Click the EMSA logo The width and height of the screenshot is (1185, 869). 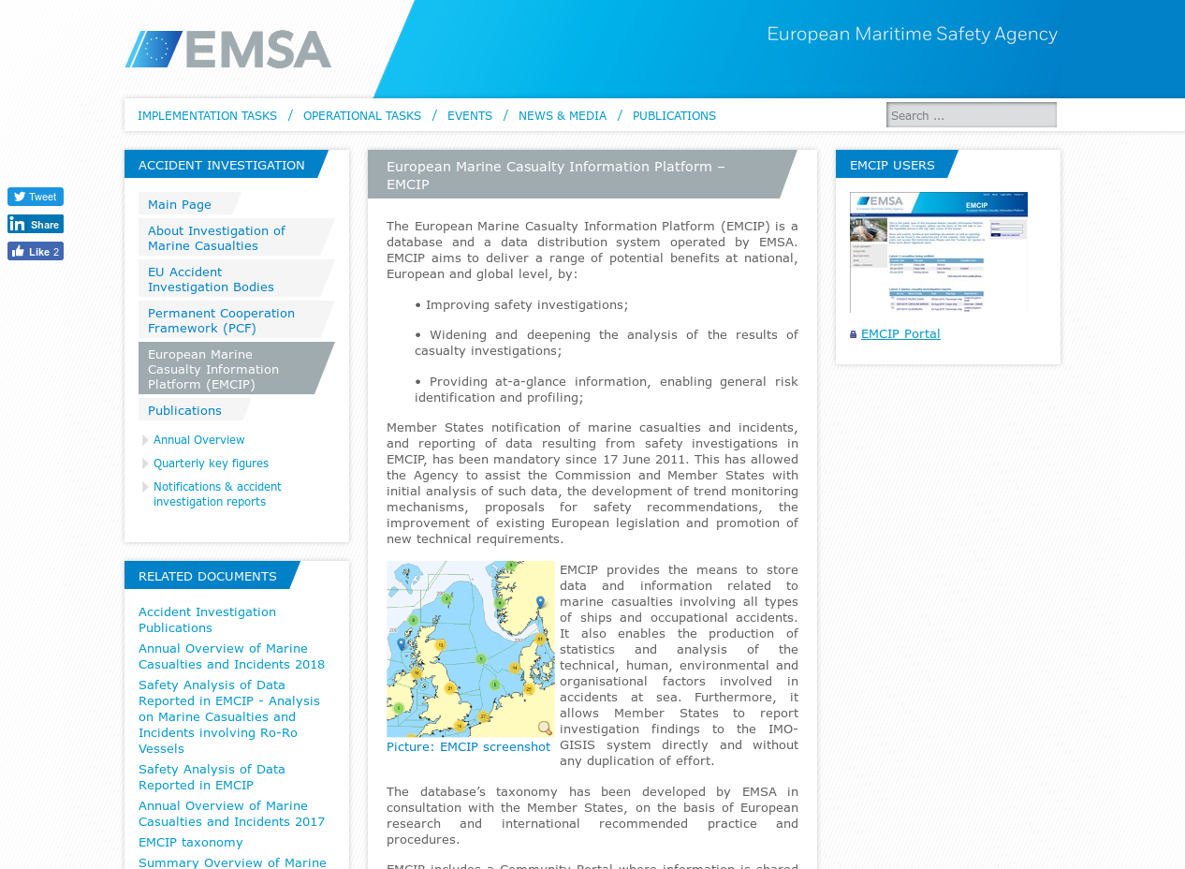(x=228, y=49)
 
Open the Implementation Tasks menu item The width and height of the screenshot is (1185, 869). (x=207, y=115)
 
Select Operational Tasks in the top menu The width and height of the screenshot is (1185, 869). (x=362, y=115)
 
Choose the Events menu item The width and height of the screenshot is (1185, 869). (x=470, y=115)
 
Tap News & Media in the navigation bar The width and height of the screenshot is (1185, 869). (x=563, y=115)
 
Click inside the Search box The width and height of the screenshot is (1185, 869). (x=971, y=115)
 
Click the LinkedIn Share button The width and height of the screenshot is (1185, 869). (x=36, y=225)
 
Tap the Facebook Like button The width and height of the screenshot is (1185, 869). (x=36, y=252)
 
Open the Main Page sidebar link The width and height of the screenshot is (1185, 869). (x=180, y=204)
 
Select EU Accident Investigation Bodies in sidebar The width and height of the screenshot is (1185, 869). (x=211, y=279)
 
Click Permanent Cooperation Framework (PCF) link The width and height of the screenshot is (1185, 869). (x=221, y=320)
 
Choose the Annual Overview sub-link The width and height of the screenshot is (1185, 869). (x=199, y=440)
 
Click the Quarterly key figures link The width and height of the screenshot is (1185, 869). (x=211, y=464)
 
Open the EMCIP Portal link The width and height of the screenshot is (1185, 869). (x=900, y=333)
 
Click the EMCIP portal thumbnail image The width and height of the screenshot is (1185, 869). (x=938, y=252)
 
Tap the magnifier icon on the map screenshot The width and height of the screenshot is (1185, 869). (x=545, y=728)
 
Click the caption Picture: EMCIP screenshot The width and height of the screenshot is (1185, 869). (x=468, y=746)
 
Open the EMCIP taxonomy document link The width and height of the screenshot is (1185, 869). (x=191, y=842)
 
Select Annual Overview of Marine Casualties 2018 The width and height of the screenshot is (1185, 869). (x=231, y=656)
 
